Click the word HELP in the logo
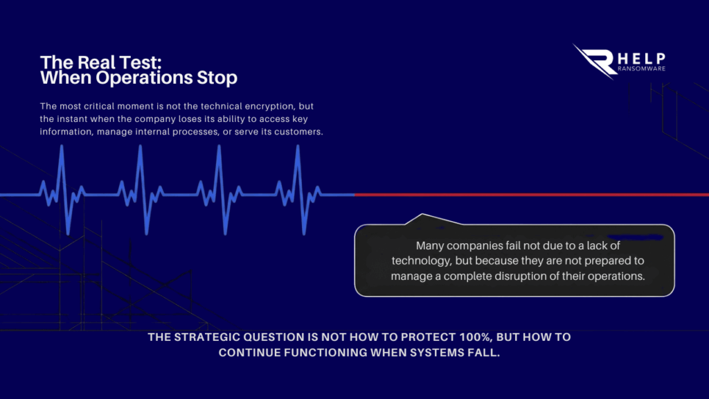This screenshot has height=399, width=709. (642, 58)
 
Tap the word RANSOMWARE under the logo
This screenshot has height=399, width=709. (642, 69)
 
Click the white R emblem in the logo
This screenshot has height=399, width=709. (595, 61)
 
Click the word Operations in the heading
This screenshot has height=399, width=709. (144, 78)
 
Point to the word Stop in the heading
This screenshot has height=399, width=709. (217, 78)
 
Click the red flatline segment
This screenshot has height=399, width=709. (532, 195)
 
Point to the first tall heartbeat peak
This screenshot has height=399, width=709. (62, 146)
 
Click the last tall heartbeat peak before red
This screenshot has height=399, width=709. (298, 146)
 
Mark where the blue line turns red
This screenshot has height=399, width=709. (354, 195)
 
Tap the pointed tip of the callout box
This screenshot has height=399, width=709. (422, 214)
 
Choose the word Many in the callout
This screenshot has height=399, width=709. (428, 246)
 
